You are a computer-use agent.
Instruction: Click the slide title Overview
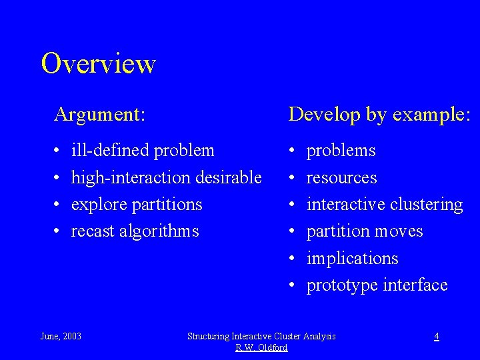[x=98, y=64]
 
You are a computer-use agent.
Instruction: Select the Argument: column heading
[x=99, y=115]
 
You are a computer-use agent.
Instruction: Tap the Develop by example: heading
[x=379, y=115]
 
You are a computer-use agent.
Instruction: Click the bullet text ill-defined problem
[x=143, y=151]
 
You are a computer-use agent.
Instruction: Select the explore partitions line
[x=136, y=205]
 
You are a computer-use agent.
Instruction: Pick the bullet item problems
[x=341, y=151]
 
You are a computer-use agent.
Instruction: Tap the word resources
[x=341, y=178]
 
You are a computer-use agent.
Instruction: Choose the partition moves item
[x=364, y=231]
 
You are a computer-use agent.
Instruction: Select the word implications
[x=352, y=258]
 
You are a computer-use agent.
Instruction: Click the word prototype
[x=342, y=285]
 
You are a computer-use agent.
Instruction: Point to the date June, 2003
[x=61, y=336]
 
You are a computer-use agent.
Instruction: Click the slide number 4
[x=436, y=336]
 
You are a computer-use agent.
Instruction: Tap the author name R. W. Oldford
[x=261, y=347]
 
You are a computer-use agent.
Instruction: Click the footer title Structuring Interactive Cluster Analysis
[x=261, y=336]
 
